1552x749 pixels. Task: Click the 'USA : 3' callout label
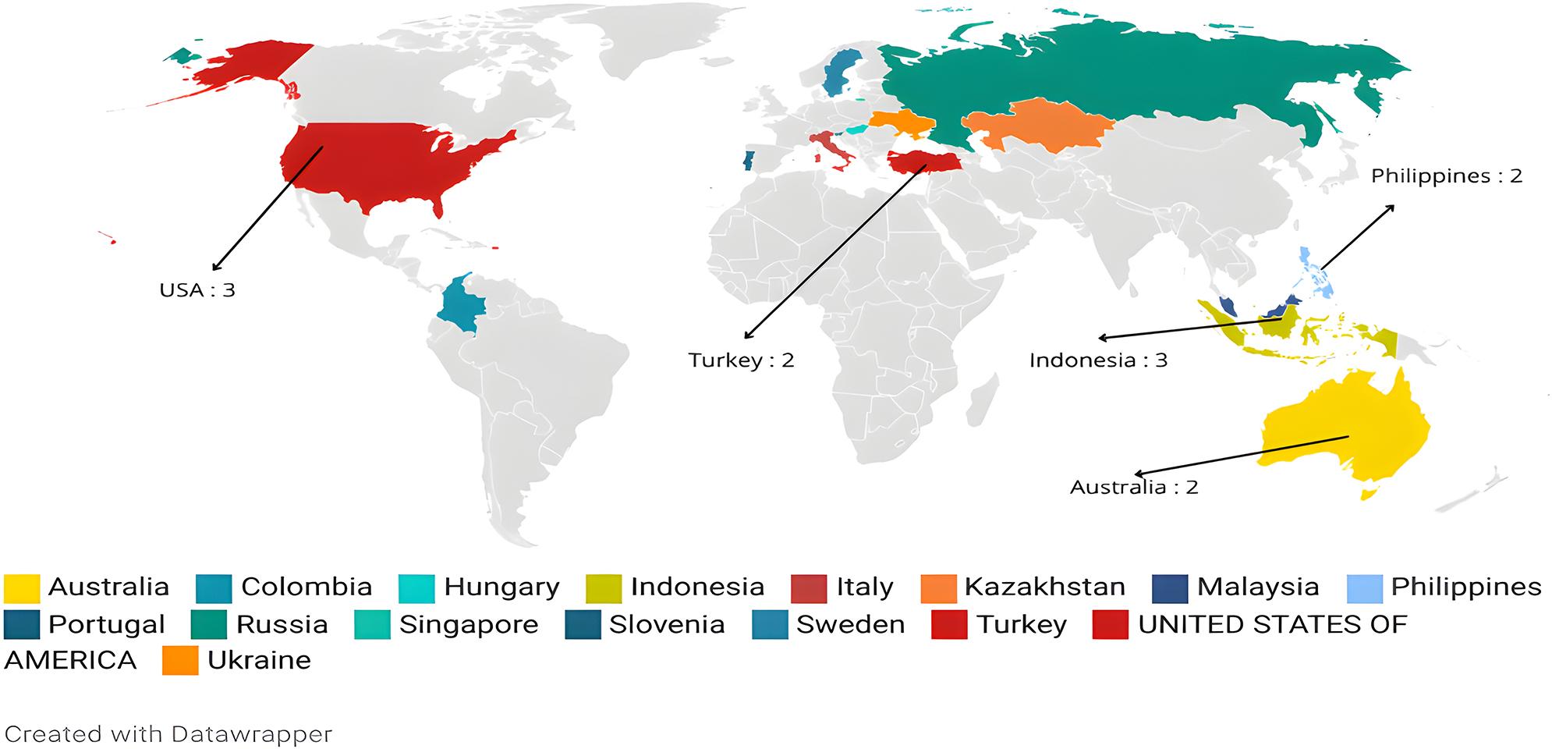tap(197, 290)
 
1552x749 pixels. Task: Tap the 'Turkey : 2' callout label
tap(740, 360)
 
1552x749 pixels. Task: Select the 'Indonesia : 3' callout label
tap(1098, 360)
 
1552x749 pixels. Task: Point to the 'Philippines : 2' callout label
tap(1446, 176)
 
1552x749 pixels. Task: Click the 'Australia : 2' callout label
tap(1133, 488)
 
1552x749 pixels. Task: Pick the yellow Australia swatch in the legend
tap(22, 588)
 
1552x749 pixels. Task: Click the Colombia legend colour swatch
tap(214, 588)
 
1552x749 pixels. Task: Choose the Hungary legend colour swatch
tap(416, 588)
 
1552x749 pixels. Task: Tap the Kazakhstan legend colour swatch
tap(938, 588)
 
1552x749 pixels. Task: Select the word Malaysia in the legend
tap(1257, 587)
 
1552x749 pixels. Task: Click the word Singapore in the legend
tap(469, 625)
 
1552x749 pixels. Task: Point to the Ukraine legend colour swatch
tap(180, 661)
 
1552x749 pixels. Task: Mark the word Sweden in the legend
tap(850, 625)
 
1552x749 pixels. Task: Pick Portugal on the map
tap(749, 162)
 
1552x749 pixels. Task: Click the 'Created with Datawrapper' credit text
tap(168, 734)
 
